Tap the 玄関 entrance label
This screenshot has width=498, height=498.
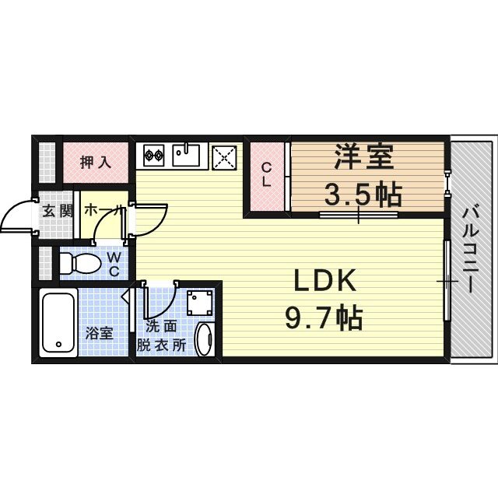pyautogui.click(x=57, y=211)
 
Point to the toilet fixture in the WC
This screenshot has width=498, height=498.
pyautogui.click(x=78, y=263)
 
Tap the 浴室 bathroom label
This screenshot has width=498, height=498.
pyautogui.click(x=99, y=334)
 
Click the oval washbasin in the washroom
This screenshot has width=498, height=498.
pyautogui.click(x=203, y=339)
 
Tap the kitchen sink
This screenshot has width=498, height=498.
pyautogui.click(x=188, y=156)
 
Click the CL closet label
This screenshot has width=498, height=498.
pyautogui.click(x=266, y=175)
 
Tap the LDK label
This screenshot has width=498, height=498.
pyautogui.click(x=324, y=280)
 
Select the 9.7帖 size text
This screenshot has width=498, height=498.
pyautogui.click(x=324, y=317)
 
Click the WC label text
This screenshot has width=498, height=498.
pyautogui.click(x=114, y=263)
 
